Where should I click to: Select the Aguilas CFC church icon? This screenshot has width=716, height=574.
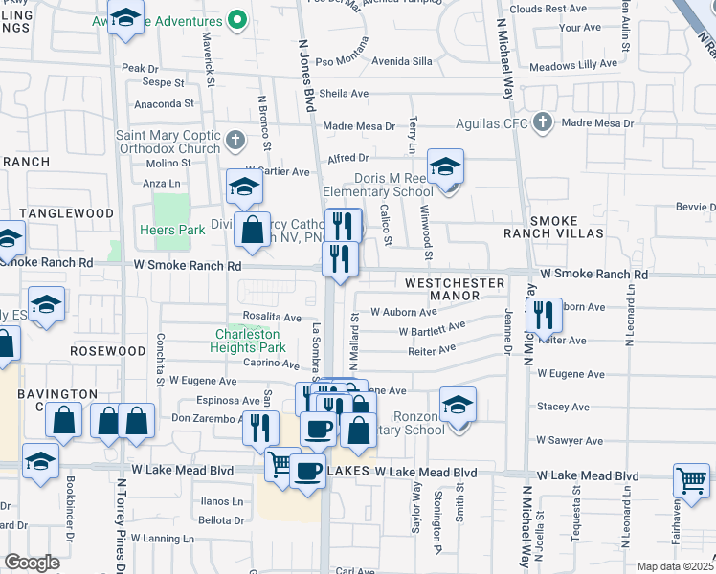click(543, 122)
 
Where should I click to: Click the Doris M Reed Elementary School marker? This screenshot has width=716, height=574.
click(445, 168)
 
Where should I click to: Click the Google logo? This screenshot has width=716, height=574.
click(32, 563)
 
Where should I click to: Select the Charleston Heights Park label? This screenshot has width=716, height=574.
click(248, 342)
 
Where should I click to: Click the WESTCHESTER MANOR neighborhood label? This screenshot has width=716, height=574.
click(454, 290)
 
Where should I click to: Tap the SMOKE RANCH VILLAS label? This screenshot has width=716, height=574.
click(554, 227)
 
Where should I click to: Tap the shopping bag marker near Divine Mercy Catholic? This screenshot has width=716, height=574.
click(252, 231)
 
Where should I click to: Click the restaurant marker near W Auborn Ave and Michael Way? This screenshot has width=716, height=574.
click(543, 314)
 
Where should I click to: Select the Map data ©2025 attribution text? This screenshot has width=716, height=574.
click(675, 566)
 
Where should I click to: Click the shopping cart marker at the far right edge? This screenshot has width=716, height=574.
click(691, 480)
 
